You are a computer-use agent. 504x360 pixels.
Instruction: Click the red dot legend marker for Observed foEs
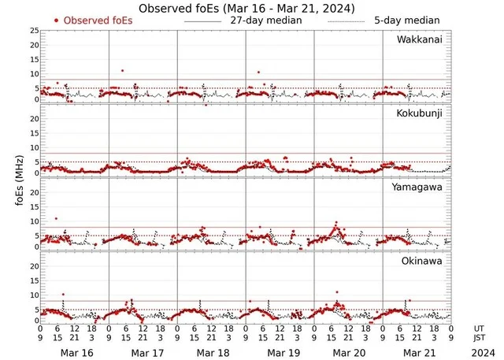(x=57, y=20)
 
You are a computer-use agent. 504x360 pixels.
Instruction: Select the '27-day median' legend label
(x=265, y=20)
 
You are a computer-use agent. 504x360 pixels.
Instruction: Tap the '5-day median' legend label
(x=406, y=20)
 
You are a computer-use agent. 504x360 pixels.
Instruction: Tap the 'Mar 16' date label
(x=76, y=351)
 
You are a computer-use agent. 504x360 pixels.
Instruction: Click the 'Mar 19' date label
(x=281, y=351)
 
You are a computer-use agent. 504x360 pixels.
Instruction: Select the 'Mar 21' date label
(x=418, y=351)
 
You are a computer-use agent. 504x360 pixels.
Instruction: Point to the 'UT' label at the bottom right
(x=480, y=328)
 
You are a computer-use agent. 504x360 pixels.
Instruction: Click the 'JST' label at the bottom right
(x=480, y=338)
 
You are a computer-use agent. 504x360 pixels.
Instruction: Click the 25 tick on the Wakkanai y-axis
(x=34, y=30)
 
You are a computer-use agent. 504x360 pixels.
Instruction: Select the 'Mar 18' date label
(x=213, y=351)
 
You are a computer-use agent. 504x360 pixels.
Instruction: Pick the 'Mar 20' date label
(x=350, y=351)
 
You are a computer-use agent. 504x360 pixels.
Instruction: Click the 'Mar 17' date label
(x=144, y=351)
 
